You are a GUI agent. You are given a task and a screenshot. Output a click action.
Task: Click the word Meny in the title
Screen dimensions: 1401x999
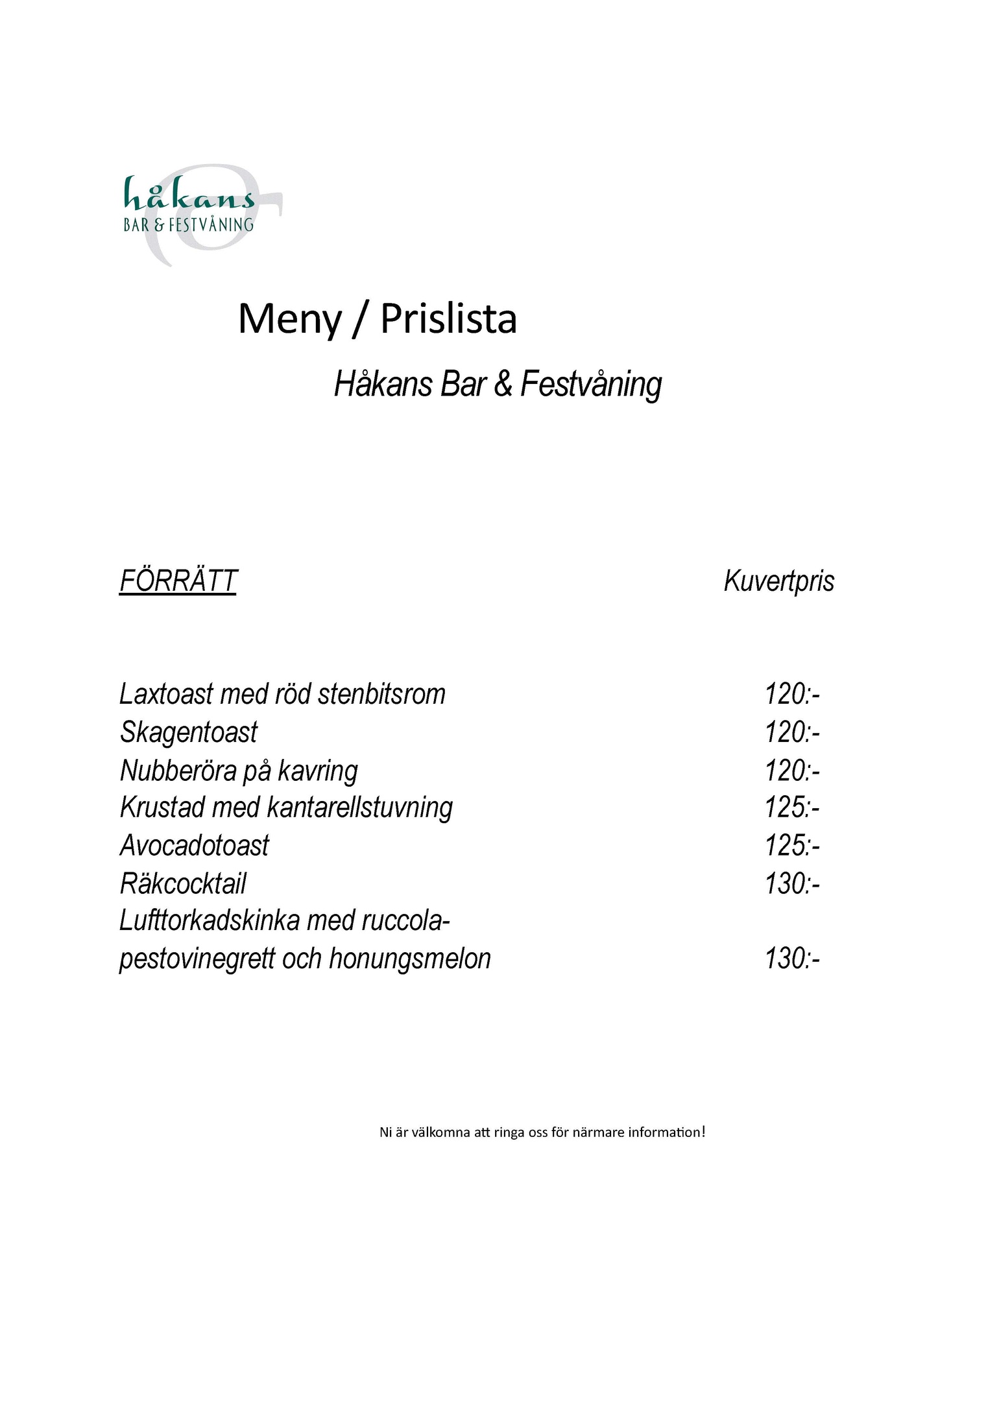(289, 319)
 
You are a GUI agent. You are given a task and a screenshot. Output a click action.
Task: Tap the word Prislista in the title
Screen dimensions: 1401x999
(448, 319)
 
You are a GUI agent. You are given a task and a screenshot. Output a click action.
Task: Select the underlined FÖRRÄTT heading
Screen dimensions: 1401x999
(178, 581)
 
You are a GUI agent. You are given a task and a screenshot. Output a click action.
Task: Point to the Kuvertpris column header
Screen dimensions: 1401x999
(778, 581)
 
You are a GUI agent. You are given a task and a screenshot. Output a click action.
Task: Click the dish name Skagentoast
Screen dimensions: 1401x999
(189, 732)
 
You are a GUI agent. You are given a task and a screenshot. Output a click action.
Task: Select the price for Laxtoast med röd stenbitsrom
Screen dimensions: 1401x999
(792, 694)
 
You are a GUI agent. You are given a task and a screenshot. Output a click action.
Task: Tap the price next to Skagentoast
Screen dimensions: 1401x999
(792, 732)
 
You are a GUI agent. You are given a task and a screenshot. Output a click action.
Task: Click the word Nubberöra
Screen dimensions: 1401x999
(178, 771)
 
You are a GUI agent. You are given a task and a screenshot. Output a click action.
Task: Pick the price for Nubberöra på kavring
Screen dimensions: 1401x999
(792, 771)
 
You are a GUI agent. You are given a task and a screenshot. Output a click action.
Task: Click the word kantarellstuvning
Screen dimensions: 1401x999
(359, 808)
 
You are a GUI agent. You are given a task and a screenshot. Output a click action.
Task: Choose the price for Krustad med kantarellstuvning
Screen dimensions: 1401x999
(792, 808)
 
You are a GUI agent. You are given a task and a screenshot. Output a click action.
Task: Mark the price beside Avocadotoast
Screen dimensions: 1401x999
(792, 846)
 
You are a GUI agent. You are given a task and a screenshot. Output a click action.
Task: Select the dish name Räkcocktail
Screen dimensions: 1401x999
(184, 883)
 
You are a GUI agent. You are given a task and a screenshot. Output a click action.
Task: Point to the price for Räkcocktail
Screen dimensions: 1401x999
(792, 883)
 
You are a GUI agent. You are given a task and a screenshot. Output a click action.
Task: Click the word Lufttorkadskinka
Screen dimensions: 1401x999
(210, 921)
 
